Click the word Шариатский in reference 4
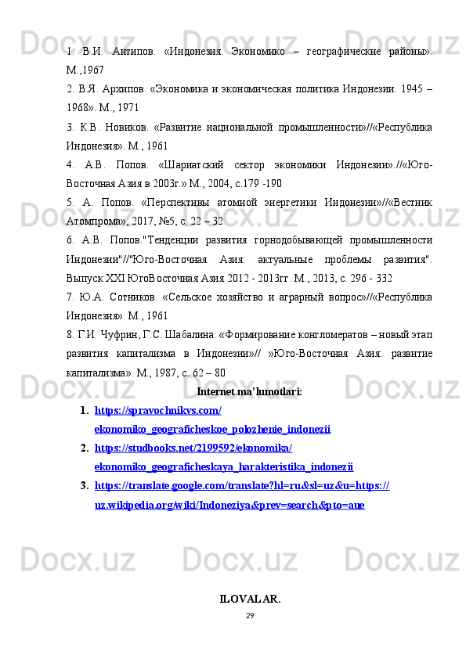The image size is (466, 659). [x=190, y=167]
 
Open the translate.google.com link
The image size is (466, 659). [x=242, y=486]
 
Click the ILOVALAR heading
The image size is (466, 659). [x=250, y=600]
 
